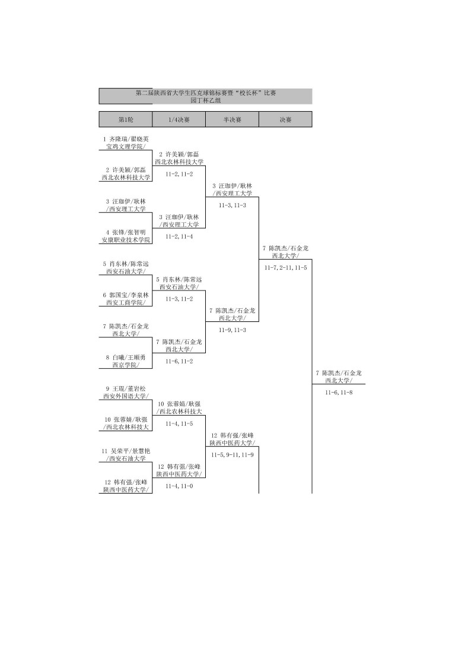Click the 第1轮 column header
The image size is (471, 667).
click(125, 119)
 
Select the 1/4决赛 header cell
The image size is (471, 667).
click(179, 119)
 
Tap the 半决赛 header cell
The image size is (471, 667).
click(232, 119)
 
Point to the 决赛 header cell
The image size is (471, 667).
click(285, 119)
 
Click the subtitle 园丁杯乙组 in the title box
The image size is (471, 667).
click(205, 100)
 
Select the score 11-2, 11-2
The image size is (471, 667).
click(179, 174)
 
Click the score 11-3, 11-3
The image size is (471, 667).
click(232, 205)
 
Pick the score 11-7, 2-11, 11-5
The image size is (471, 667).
click(285, 267)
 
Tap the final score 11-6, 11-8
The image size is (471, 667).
click(339, 392)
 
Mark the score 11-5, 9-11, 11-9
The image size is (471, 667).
click(232, 454)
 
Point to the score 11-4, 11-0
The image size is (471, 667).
click(179, 486)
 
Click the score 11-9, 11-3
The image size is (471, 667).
click(232, 330)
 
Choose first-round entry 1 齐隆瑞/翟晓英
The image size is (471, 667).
click(125, 138)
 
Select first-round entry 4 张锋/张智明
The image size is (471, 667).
click(125, 232)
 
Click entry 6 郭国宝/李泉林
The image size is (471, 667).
click(125, 294)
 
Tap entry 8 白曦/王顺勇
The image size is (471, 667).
click(125, 357)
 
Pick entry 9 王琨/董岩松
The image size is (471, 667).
click(125, 388)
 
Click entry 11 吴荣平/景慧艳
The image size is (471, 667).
click(125, 450)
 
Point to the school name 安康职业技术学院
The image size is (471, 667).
click(125, 240)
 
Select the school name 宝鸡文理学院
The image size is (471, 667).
click(125, 146)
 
